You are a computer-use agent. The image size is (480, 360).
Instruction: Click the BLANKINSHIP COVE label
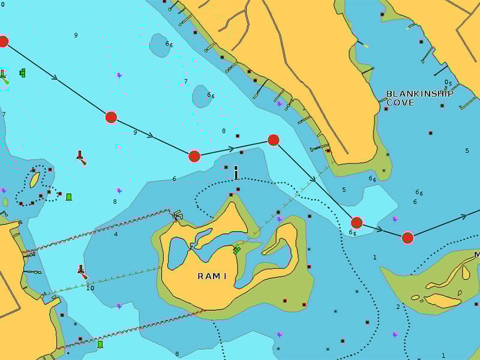419,98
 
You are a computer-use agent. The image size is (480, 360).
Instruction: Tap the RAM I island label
212,276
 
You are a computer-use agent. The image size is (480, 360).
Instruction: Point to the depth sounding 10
90,288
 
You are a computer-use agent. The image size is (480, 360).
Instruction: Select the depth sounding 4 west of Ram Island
116,234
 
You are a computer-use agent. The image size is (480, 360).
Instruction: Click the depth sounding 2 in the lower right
397,307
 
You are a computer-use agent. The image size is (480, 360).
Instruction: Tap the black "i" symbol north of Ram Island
236,173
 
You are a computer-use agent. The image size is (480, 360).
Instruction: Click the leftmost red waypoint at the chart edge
3,41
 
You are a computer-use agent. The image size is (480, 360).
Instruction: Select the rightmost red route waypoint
407,238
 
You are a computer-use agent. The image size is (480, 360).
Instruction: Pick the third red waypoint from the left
194,157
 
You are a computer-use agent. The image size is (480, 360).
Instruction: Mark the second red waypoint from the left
111,117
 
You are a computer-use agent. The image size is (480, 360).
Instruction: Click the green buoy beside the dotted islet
69,197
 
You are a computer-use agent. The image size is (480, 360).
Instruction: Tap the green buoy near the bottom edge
100,344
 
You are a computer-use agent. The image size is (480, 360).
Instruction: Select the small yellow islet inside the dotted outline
35,179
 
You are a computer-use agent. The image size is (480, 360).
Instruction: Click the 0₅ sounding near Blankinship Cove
448,83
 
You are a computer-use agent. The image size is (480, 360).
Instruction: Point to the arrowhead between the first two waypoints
55,77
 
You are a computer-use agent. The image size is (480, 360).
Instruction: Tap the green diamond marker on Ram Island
236,250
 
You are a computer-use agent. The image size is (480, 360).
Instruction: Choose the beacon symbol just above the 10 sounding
81,271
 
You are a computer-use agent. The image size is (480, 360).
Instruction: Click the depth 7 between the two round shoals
185,82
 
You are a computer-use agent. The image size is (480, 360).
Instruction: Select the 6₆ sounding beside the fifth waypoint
353,233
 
